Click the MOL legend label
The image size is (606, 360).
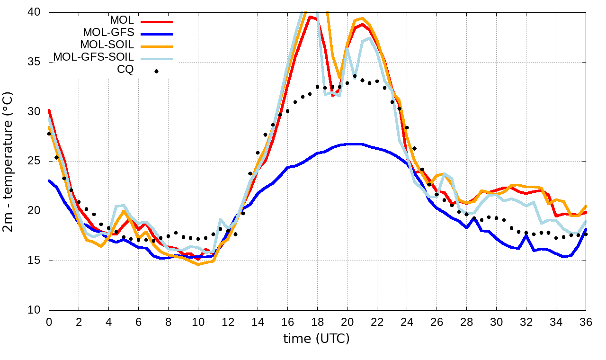pyautogui.click(x=122, y=20)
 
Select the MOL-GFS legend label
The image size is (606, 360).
pyautogui.click(x=108, y=33)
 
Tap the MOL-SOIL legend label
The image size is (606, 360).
pyautogui.click(x=107, y=45)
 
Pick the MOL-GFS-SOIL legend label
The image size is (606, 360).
pyautogui.click(x=93, y=57)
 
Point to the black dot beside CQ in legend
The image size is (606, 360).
pyautogui.click(x=156, y=71)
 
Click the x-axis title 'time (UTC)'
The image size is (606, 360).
pyautogui.click(x=316, y=339)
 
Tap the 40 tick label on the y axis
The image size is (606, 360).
pyautogui.click(x=35, y=12)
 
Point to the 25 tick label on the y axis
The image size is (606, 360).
pyautogui.click(x=35, y=162)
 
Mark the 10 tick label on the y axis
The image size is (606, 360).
pyautogui.click(x=35, y=310)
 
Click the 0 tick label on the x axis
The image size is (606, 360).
pyautogui.click(x=49, y=322)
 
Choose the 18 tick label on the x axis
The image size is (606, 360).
pyautogui.click(x=317, y=322)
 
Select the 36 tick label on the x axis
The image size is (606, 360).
pyautogui.click(x=586, y=322)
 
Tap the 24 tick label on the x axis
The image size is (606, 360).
pyautogui.click(x=407, y=322)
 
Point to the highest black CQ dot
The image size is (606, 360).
pyautogui.click(x=355, y=76)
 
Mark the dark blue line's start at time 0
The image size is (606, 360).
pyautogui.click(x=49, y=180)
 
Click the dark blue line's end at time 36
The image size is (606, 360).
pyautogui.click(x=586, y=229)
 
